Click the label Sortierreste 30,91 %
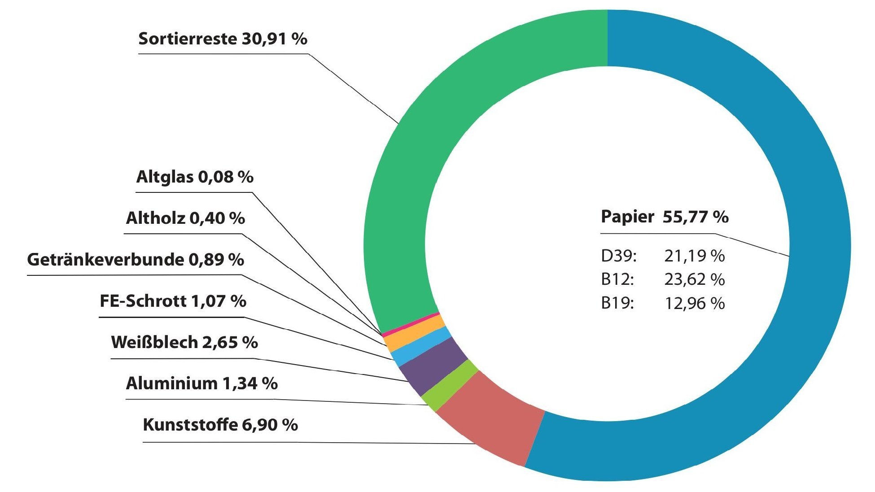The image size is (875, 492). point(223,39)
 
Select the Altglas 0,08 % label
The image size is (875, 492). point(195,177)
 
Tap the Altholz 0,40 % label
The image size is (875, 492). point(185,218)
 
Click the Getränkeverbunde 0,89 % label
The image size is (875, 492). point(136,260)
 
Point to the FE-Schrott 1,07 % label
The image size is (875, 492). point(173,301)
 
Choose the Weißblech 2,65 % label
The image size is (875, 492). point(184,342)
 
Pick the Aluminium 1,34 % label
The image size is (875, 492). point(201,383)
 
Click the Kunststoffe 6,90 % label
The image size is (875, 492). point(220,425)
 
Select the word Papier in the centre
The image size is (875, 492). point(627,217)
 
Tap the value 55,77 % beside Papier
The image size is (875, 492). point(696,217)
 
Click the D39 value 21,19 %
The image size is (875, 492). point(694,256)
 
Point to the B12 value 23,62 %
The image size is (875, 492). point(694,280)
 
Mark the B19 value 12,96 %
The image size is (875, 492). point(694,304)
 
